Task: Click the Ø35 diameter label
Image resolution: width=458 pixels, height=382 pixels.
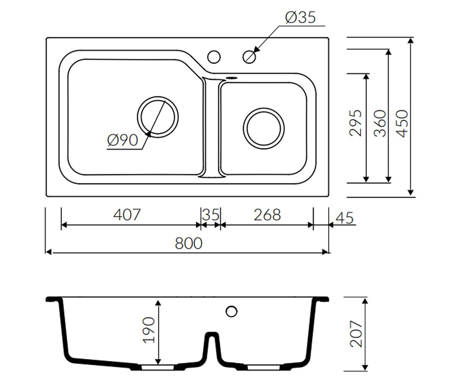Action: pyautogui.click(x=300, y=17)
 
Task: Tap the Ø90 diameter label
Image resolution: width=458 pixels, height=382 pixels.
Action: pyautogui.click(x=123, y=140)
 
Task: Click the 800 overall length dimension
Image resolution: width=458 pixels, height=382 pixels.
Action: pyautogui.click(x=189, y=243)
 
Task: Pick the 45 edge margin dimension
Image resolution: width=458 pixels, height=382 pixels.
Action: pyautogui.click(x=345, y=218)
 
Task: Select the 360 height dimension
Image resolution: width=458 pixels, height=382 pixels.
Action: pyautogui.click(x=380, y=123)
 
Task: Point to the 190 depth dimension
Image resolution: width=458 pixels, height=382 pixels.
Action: pyautogui.click(x=148, y=330)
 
